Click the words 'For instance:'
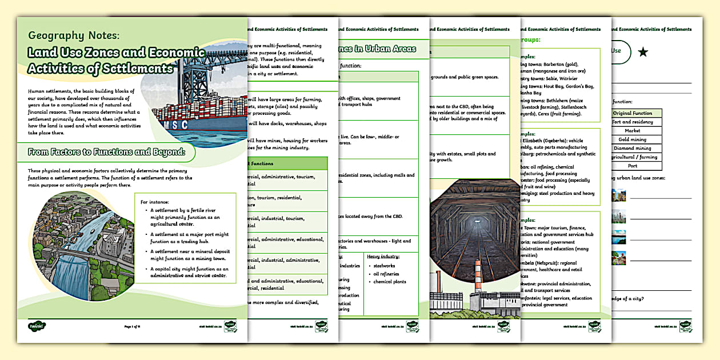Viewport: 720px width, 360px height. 154,201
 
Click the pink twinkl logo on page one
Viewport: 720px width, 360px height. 37,326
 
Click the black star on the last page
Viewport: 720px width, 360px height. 643,53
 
